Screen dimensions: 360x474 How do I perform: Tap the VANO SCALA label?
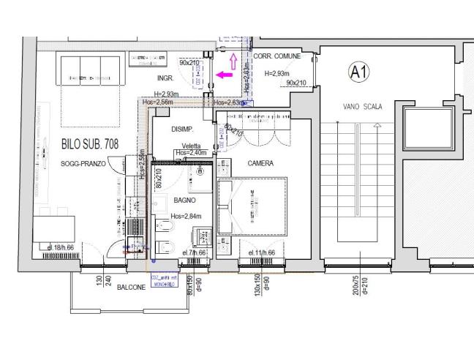click(x=362, y=107)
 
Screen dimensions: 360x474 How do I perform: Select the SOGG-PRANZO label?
click(x=83, y=165)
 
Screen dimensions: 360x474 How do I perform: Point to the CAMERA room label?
click(x=260, y=164)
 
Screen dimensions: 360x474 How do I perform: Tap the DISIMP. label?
click(x=182, y=130)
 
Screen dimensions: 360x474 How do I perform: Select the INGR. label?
click(x=167, y=78)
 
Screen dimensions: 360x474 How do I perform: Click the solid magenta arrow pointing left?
click(x=224, y=74)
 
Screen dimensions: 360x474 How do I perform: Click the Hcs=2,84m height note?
click(x=186, y=217)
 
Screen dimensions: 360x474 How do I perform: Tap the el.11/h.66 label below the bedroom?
click(x=261, y=252)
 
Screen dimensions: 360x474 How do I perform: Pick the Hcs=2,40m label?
click(x=192, y=153)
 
